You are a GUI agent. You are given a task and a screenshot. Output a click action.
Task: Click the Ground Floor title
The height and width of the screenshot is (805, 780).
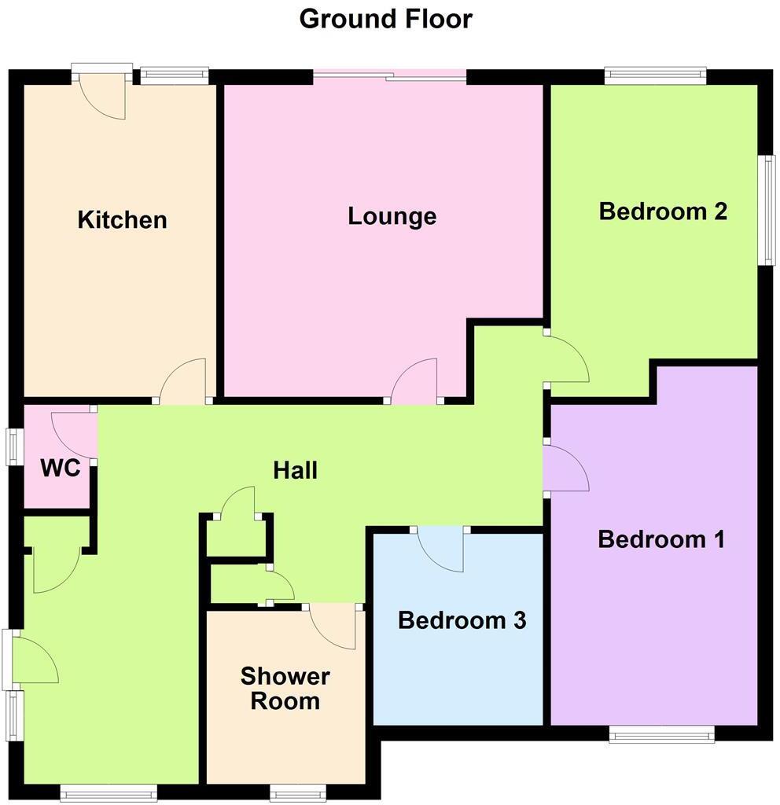(385, 18)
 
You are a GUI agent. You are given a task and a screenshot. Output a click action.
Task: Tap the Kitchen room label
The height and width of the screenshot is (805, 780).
(123, 219)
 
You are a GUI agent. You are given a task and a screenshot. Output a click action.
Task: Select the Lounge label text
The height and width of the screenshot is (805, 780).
(392, 215)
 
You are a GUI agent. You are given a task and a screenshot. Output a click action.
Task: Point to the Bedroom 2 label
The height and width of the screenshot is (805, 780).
(662, 211)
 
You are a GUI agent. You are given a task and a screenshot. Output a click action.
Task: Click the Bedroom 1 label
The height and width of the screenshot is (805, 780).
(660, 539)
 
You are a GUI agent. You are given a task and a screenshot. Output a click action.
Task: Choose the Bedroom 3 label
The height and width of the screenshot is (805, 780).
(462, 620)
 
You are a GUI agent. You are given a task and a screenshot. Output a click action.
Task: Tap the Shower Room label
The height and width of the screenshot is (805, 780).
(285, 688)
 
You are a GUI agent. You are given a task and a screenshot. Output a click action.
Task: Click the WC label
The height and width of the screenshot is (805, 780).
(60, 469)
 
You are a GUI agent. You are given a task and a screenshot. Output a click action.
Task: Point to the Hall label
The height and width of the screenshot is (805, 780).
(295, 470)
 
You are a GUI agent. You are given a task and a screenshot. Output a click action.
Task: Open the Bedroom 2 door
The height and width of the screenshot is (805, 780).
(566, 360)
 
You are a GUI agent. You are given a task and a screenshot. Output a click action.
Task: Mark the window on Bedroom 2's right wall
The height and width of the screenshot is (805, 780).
(767, 209)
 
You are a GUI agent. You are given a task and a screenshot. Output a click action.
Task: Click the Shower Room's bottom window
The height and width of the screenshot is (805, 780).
(297, 792)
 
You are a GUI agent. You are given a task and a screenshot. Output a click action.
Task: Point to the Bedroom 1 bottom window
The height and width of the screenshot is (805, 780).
(662, 735)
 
